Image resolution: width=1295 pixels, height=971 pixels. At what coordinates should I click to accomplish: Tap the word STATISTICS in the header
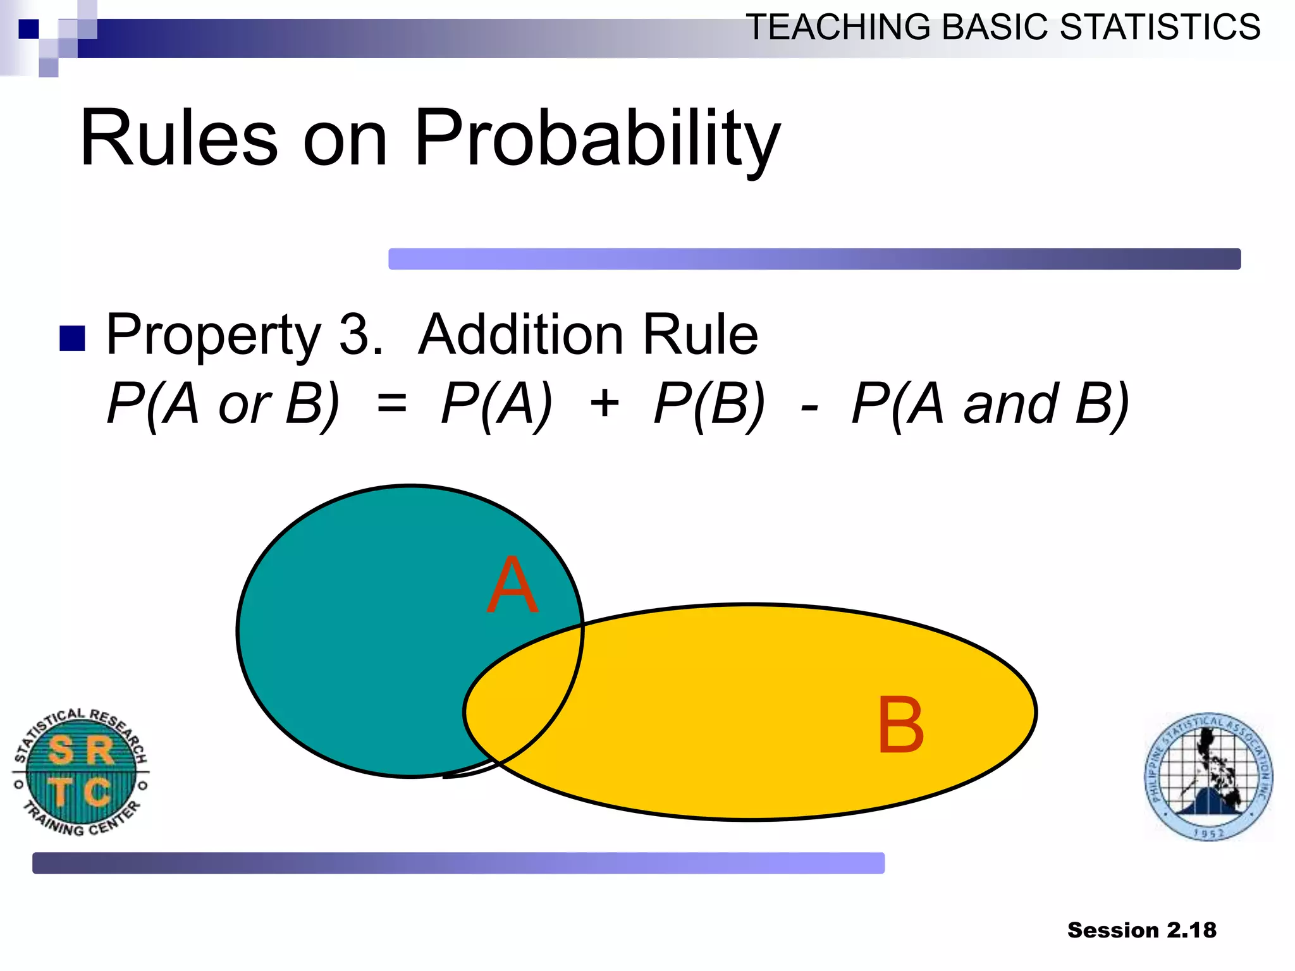click(1160, 27)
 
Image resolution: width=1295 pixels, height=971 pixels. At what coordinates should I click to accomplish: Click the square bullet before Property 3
click(72, 338)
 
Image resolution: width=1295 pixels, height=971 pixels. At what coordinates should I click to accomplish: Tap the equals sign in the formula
click(391, 403)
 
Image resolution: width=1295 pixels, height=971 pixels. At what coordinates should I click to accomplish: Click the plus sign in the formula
click(604, 403)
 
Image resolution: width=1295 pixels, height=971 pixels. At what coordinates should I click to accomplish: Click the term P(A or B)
click(223, 403)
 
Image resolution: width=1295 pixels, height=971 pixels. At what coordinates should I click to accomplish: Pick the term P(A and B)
click(990, 403)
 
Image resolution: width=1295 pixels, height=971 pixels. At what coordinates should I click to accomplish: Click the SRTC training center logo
click(81, 772)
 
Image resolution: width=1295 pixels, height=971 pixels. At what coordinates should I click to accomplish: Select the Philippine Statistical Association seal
click(1208, 776)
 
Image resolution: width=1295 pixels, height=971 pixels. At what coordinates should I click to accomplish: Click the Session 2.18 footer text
click(1141, 930)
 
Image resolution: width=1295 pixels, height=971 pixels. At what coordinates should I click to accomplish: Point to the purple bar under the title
click(814, 259)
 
